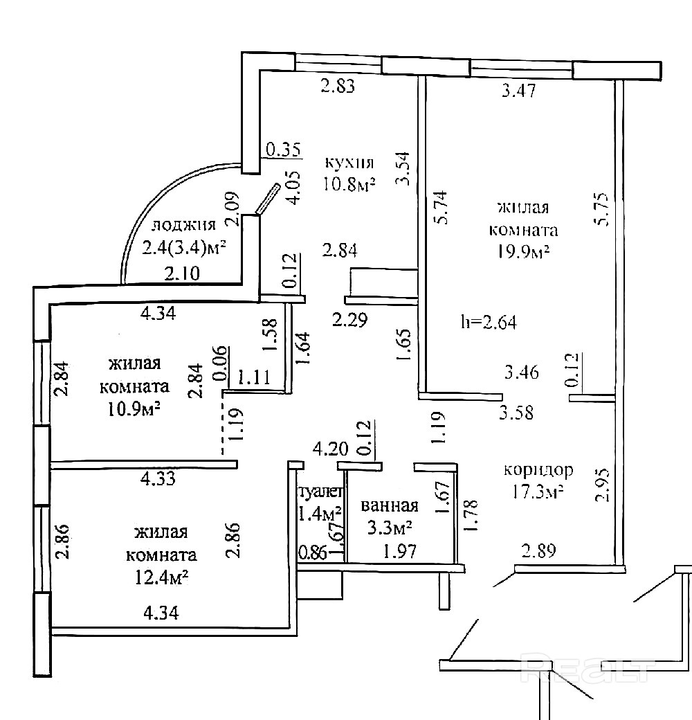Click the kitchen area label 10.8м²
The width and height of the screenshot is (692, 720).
coord(349,185)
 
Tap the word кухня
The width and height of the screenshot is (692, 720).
coord(349,163)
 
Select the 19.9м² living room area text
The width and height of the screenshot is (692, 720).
coord(524,251)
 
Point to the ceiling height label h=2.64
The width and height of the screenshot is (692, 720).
coord(489,322)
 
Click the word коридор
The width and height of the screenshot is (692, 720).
coord(538,470)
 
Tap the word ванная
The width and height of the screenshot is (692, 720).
coord(390,505)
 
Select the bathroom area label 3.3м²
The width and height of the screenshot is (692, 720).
coord(389,528)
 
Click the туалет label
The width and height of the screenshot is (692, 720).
coord(320,492)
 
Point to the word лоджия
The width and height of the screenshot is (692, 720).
coord(183,224)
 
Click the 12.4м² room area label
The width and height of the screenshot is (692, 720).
coord(161,577)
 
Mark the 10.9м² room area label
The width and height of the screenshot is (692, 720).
coord(134,408)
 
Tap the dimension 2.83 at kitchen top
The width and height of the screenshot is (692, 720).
coord(338,86)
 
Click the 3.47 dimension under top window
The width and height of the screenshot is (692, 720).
coord(518,90)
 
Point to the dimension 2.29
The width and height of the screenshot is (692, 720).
coord(349,320)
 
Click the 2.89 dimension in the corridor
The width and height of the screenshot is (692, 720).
coord(539,550)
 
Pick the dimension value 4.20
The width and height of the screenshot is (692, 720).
coord(330,448)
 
